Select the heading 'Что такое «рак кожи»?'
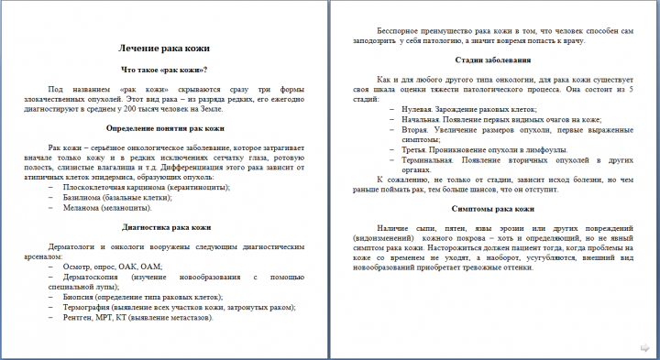pyautogui.click(x=165, y=71)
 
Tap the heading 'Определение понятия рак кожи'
pyautogui.click(x=165, y=128)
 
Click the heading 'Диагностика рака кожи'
pyautogui.click(x=165, y=226)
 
